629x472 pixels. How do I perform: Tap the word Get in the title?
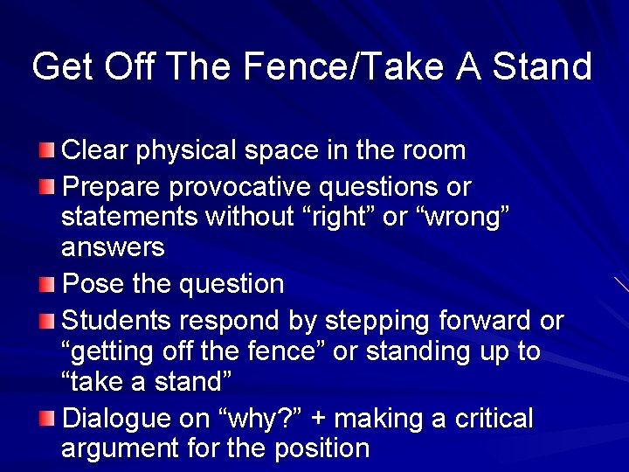pos(60,66)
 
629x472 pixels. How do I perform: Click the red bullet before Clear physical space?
pos(50,150)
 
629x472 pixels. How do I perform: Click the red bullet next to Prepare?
pos(50,187)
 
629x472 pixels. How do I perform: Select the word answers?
pos(113,248)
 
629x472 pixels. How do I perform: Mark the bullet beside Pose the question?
pos(50,284)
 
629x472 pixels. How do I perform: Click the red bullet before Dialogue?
pos(50,419)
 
